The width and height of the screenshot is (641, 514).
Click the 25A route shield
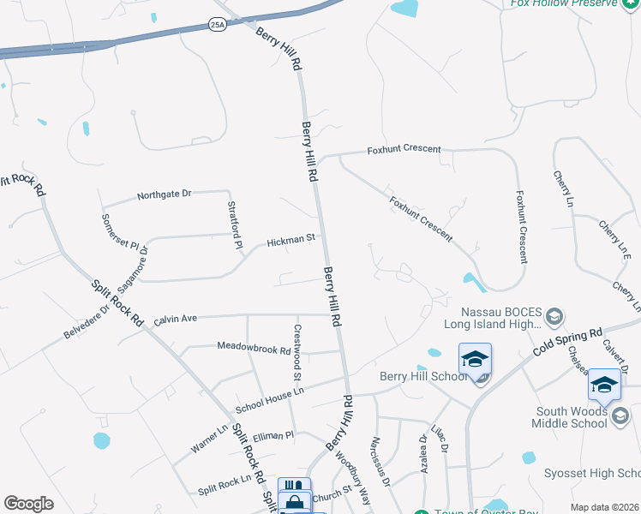tap(217, 26)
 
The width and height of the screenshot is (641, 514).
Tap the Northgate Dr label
tap(165, 195)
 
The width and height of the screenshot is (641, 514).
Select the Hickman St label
tap(291, 242)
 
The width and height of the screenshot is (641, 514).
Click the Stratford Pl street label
tap(233, 225)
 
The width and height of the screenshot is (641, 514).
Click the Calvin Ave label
tap(176, 319)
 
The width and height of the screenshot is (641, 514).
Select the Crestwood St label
tap(297, 352)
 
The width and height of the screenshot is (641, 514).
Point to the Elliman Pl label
tap(273, 436)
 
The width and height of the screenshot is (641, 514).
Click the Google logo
tap(28, 504)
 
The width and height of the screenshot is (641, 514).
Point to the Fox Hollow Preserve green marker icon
tap(630, 3)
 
